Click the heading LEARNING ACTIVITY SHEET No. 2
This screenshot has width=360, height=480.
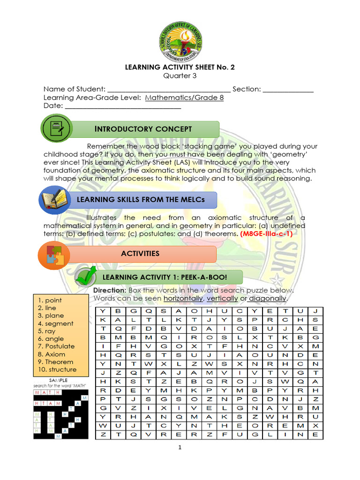click(x=180, y=67)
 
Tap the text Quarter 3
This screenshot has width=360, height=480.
click(x=180, y=75)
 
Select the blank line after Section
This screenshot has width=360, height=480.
click(x=287, y=90)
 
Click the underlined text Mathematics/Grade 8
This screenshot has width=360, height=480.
click(x=184, y=98)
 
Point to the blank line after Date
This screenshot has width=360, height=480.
click(x=123, y=106)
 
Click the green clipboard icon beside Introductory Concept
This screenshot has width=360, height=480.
click(x=56, y=128)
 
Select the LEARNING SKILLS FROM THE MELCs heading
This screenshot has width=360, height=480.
click(x=135, y=200)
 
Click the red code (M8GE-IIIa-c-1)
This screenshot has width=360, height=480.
click(x=266, y=234)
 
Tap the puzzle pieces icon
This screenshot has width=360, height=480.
click(x=54, y=255)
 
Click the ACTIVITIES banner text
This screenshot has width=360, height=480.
click(x=140, y=254)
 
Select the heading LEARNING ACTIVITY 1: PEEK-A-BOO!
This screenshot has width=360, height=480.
click(x=165, y=277)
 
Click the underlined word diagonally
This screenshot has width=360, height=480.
click(x=267, y=299)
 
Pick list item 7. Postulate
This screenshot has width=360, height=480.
click(x=56, y=346)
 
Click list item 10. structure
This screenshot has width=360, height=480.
click(x=57, y=369)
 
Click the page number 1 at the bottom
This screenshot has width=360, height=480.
click(x=180, y=448)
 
